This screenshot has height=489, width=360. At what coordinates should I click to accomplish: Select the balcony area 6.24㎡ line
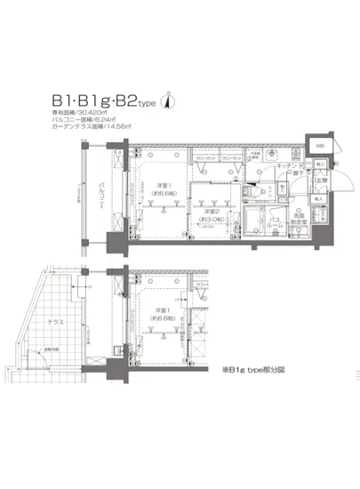click(88, 120)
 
